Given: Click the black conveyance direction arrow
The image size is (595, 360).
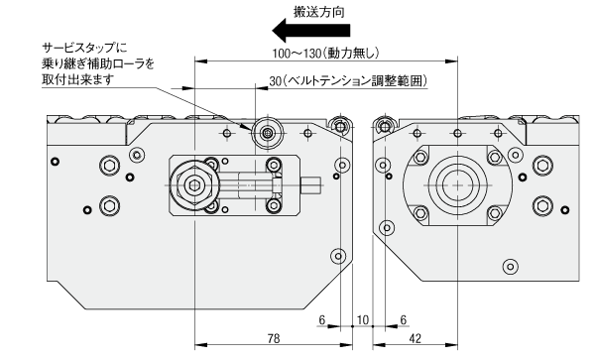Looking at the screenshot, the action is pos(311,31).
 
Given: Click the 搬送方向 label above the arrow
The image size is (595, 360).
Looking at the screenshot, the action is pos(319,12).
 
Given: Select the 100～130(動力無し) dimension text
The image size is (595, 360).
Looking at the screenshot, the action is pos(325,54).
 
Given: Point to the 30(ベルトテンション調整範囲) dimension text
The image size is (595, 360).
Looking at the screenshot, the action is pos(348,80).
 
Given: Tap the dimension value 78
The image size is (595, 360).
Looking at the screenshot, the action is pos(274,337).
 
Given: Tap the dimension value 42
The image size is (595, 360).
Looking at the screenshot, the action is pos(416,337).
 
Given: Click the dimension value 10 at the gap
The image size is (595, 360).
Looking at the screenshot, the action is pos(363,319).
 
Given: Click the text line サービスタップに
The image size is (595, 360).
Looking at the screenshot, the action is pos(84,48).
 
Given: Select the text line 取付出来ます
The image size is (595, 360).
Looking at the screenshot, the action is pos(77,79).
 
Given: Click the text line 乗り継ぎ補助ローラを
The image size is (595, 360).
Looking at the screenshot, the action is pos(98,63).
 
